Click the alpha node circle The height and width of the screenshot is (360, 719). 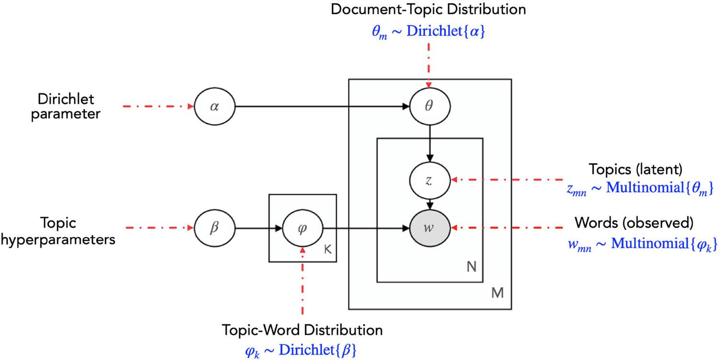214,106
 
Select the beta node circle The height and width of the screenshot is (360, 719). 214,227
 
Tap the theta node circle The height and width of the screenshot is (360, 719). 430,106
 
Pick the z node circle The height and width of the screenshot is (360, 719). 430,180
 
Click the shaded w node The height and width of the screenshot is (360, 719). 430,227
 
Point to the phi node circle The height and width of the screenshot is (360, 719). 302,227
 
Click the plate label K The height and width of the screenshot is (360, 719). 327,250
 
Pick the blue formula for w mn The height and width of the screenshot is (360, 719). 641,244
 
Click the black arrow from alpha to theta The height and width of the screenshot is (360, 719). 321,106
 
